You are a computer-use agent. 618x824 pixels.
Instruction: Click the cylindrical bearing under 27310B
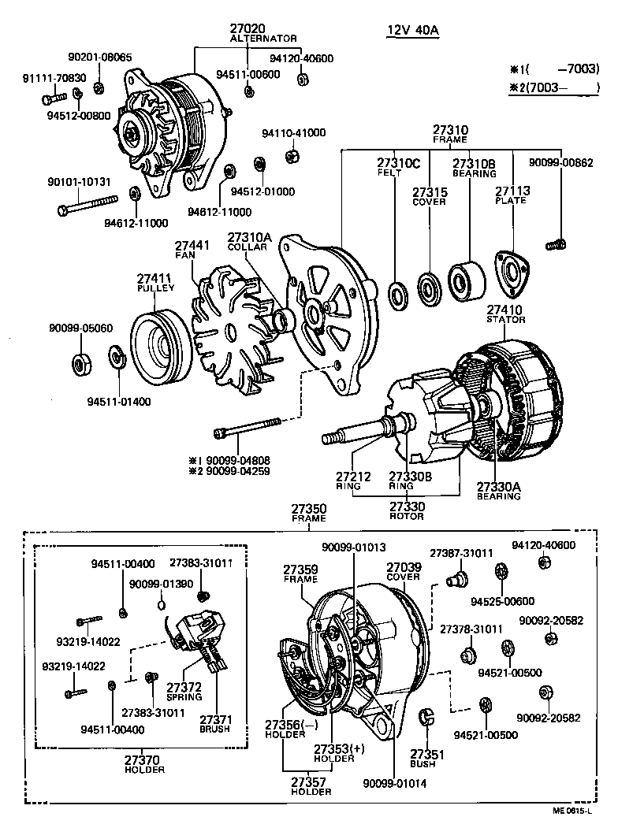pos(465,280)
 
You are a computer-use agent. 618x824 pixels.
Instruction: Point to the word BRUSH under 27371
pos(214,729)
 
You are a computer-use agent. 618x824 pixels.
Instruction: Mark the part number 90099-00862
pos(560,162)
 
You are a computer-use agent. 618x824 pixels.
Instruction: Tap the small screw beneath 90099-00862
pos(557,244)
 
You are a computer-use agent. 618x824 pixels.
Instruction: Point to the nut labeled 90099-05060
pos(80,366)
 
